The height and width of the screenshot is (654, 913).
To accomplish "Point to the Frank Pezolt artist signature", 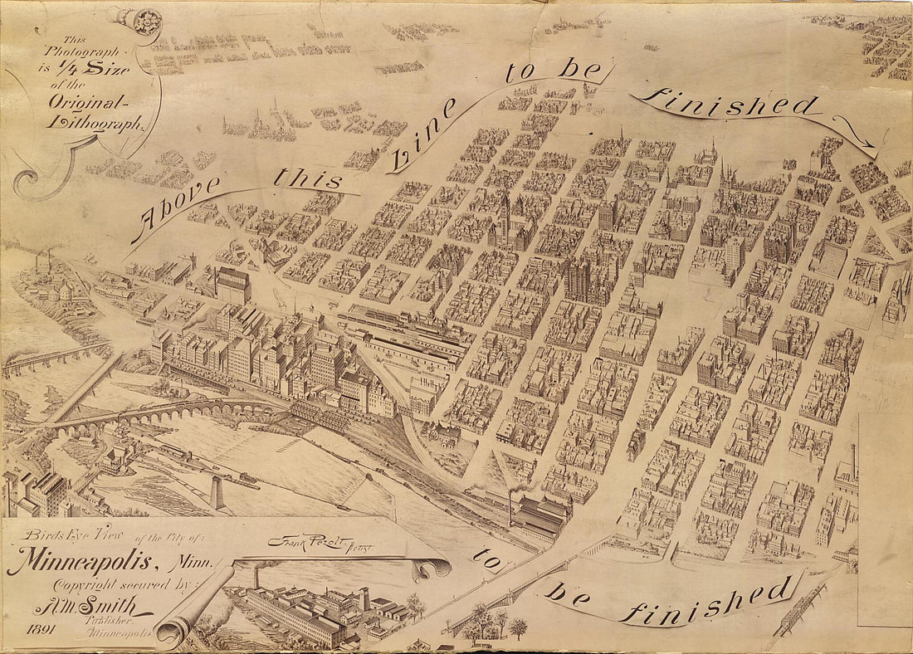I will click(x=307, y=542).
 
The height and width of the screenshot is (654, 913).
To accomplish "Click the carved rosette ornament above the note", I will click(x=144, y=17).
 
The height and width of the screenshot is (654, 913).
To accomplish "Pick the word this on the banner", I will click(x=309, y=177).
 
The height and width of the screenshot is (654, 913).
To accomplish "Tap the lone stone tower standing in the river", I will click(x=217, y=492).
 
